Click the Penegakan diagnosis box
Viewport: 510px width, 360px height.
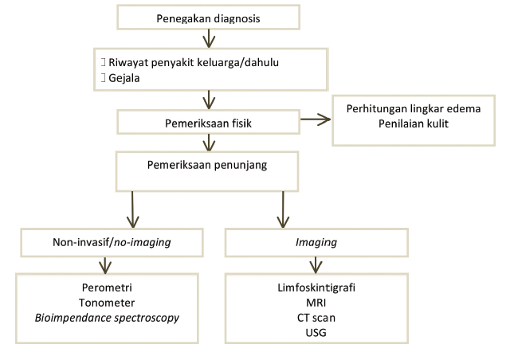[208, 17]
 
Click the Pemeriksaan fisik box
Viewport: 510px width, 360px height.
[208, 123]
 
